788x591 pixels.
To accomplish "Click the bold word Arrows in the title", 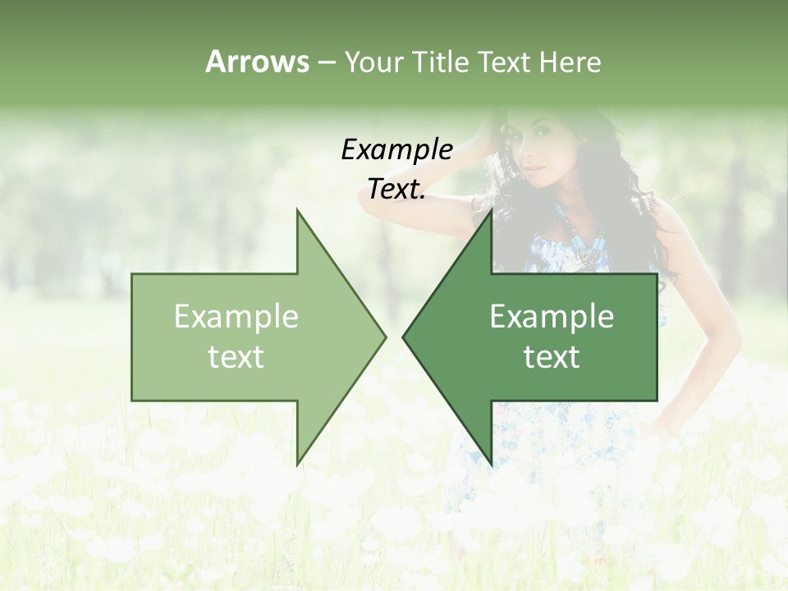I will click(257, 62).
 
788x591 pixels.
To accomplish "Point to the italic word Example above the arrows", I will click(396, 149).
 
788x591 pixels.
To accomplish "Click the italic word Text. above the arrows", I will click(396, 189).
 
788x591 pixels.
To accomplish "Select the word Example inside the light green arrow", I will click(236, 317).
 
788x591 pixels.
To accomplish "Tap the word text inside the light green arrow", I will click(236, 356).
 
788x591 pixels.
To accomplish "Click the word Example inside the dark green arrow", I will click(552, 317).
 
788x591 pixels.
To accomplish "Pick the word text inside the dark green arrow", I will click(552, 356).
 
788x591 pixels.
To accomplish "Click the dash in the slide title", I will click(326, 62).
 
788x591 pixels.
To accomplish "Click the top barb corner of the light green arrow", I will click(297, 210).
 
